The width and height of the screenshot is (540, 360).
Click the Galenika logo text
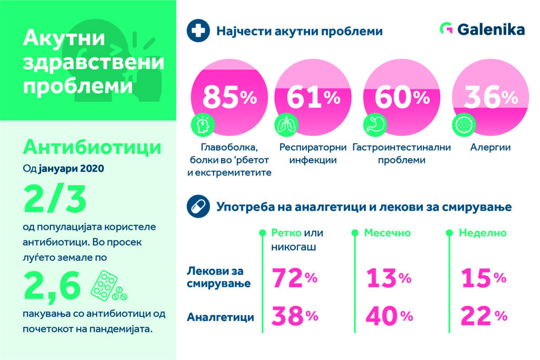click(x=490, y=30)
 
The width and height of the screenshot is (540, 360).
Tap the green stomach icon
click(x=374, y=124)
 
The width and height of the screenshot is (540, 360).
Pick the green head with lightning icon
click(x=201, y=124)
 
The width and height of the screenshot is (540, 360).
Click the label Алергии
click(x=490, y=148)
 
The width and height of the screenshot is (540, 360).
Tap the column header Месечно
click(x=388, y=232)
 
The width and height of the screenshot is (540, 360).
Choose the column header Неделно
click(x=482, y=232)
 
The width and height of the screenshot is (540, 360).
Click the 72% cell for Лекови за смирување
click(x=294, y=278)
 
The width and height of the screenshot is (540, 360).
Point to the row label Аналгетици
click(x=220, y=317)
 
